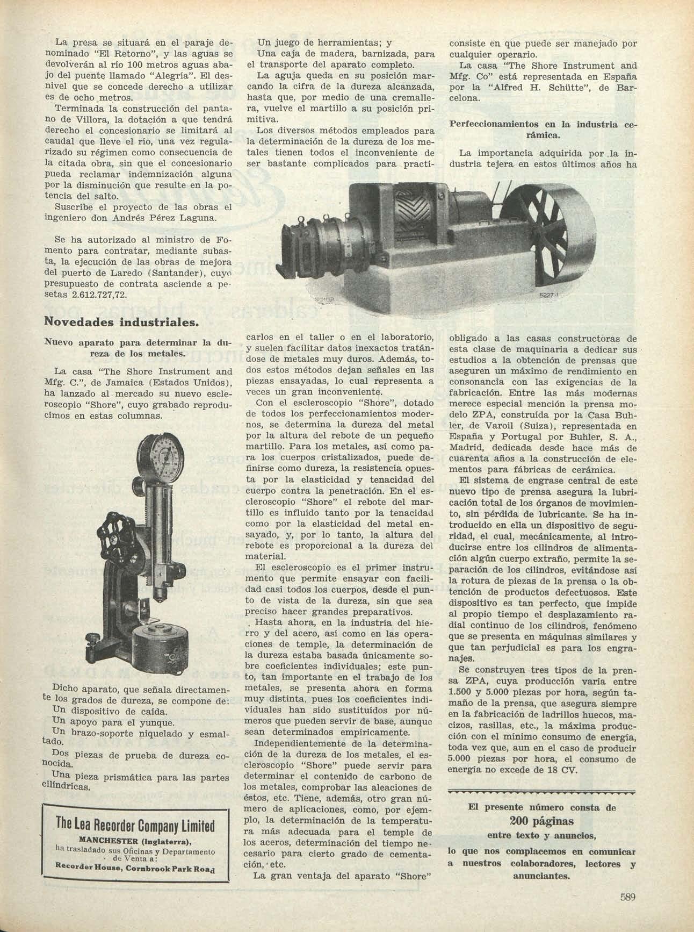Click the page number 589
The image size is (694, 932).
[628, 897]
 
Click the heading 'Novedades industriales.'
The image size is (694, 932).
[121, 323]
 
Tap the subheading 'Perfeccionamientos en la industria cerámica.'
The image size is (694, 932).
[542, 129]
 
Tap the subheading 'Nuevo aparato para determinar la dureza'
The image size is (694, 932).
[138, 348]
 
